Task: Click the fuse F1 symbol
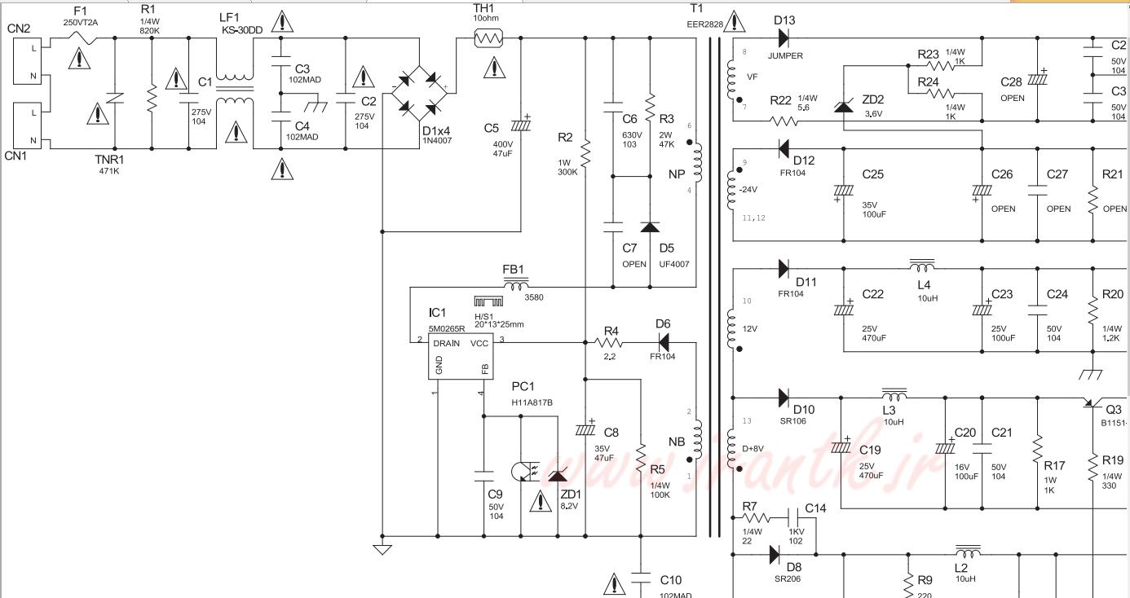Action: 80,37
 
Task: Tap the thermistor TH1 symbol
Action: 488,37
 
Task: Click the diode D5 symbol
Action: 650,228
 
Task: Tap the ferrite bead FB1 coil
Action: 515,285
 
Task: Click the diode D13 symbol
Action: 783,37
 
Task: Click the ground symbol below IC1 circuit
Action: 382,549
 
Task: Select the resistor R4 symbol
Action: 612,343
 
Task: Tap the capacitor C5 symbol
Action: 521,125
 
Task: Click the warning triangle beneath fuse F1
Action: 79,58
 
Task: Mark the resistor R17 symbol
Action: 1038,447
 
